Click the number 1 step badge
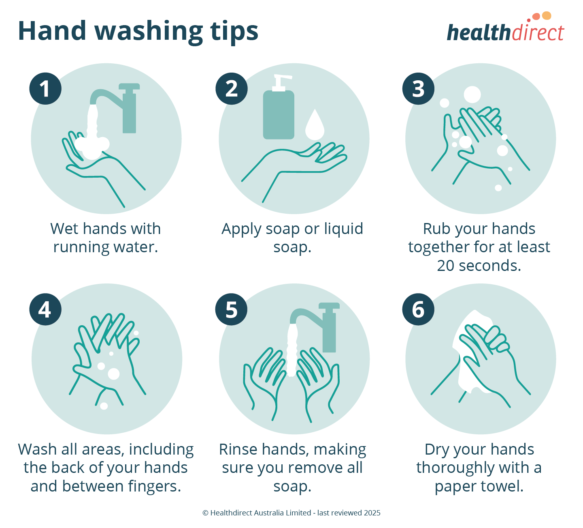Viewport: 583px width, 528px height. (45, 89)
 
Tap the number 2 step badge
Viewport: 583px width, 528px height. (232, 89)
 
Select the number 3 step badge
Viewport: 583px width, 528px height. (418, 89)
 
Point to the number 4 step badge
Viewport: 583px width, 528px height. (45, 309)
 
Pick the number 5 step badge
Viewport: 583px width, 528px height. (232, 309)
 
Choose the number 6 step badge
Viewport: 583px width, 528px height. (418, 309)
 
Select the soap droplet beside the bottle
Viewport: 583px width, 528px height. (315, 125)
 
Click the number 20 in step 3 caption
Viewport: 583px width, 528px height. (446, 266)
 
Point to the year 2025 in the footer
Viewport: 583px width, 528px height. (372, 513)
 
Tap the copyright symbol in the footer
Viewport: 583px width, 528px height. (205, 513)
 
